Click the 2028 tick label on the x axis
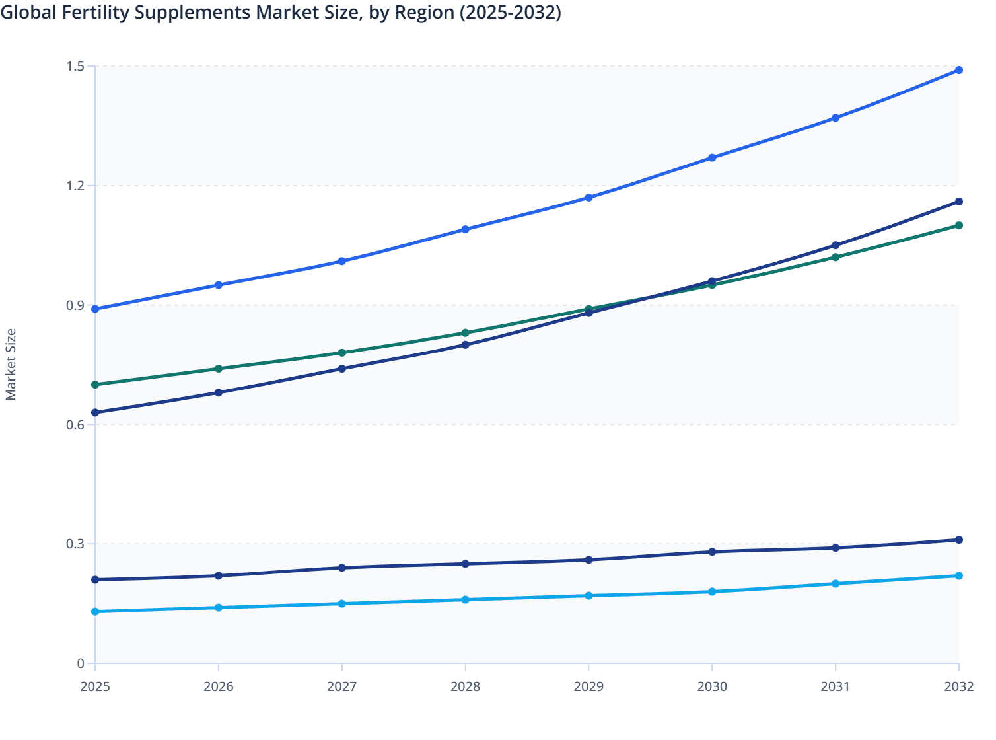[465, 686]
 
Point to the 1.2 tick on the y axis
[75, 186]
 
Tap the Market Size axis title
[11, 365]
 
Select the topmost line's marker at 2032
[958, 70]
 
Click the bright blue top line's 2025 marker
[95, 309]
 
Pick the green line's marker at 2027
[341, 353]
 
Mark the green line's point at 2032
[958, 225]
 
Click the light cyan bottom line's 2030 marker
[712, 591]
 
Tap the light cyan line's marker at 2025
[95, 612]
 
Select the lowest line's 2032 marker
[958, 575]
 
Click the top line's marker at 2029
[588, 198]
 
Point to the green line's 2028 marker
[465, 333]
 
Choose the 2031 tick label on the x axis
[835, 686]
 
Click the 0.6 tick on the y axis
[75, 425]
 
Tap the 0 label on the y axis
[81, 663]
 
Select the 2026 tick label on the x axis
[218, 686]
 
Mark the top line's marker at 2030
[712, 158]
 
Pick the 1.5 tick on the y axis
[75, 66]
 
